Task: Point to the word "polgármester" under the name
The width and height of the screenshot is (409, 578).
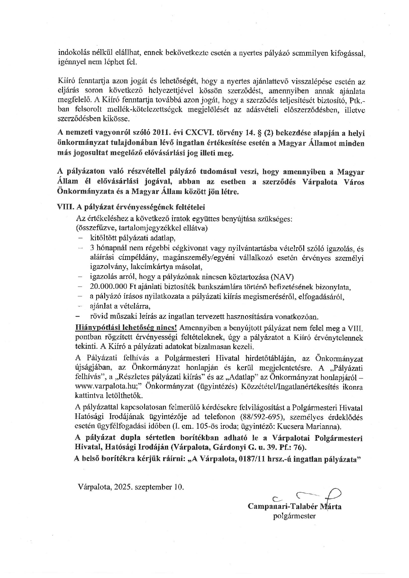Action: coord(294,516)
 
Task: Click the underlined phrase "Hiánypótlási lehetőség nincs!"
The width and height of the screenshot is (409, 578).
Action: coord(127,328)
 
